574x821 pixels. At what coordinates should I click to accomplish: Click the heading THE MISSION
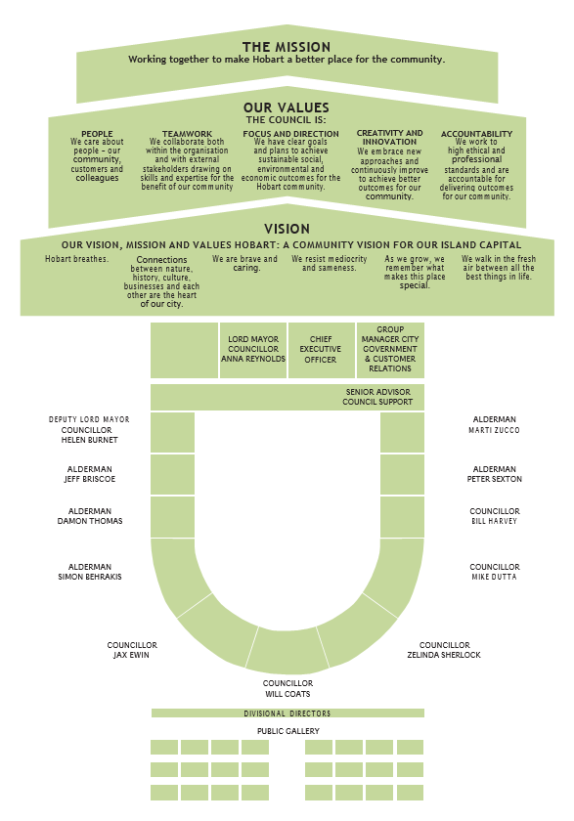tap(287, 47)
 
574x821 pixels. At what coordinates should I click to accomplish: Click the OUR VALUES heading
tap(287, 108)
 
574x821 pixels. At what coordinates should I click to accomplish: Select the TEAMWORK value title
tap(187, 134)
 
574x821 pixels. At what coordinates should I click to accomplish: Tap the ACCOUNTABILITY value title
tap(476, 134)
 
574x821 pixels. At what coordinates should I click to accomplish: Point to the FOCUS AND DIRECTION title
tap(290, 134)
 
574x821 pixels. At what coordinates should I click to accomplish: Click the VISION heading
tap(287, 229)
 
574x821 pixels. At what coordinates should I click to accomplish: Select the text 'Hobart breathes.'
tap(77, 259)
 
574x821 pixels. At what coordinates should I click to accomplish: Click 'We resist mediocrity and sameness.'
tap(330, 263)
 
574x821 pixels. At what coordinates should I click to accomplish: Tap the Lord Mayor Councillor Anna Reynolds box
tap(253, 350)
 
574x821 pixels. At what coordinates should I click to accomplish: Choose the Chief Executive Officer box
tap(321, 350)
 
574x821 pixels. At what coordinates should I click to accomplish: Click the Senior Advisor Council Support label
tap(377, 397)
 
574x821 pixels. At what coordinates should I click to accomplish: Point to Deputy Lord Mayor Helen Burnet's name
tap(89, 429)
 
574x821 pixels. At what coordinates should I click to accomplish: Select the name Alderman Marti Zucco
tap(495, 424)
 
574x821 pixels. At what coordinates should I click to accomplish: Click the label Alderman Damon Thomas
tap(90, 516)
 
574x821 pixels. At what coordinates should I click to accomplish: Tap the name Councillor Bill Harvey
tap(495, 516)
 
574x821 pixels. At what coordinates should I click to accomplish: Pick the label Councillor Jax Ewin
tap(132, 650)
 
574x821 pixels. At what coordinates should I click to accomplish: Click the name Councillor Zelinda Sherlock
tap(444, 650)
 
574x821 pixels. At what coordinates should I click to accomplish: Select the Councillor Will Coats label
tap(288, 688)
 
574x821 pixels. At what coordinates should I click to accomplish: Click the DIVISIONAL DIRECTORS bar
tap(287, 713)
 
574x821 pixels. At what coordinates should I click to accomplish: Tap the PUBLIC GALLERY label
tap(288, 731)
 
